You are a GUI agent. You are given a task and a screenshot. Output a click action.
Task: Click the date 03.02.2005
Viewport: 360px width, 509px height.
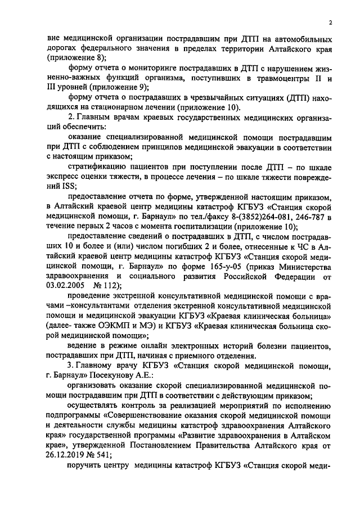pyautogui.click(x=65, y=285)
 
